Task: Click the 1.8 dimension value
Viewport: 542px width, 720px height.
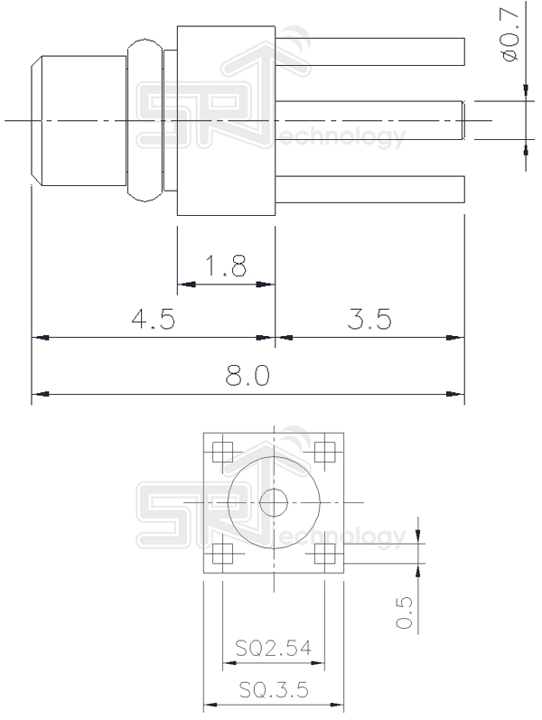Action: point(226,266)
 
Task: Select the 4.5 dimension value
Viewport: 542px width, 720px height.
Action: point(153,320)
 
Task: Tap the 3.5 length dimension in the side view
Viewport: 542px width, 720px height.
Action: point(369,320)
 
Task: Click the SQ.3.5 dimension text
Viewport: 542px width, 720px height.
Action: point(274,690)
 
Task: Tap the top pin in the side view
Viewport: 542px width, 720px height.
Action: point(370,51)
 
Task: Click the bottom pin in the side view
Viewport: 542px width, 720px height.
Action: point(370,190)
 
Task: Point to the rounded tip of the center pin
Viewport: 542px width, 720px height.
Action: point(462,120)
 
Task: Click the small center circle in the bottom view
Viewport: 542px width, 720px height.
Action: point(274,502)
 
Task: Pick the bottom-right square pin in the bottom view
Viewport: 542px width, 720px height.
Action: point(324,552)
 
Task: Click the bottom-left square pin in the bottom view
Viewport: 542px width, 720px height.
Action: point(223,552)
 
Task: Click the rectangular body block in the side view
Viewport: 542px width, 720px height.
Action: point(226,120)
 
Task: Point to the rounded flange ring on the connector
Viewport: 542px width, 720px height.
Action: point(145,120)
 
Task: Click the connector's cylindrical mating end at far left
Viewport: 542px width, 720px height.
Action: point(77,120)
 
